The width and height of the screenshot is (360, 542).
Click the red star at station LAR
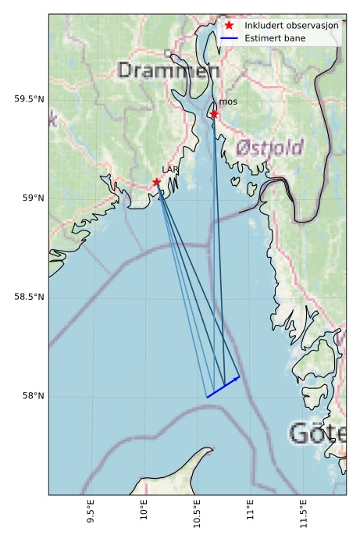click(x=157, y=182)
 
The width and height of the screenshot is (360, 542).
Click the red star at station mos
click(x=214, y=115)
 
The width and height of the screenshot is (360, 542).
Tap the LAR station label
click(x=170, y=169)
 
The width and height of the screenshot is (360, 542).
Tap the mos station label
click(x=228, y=102)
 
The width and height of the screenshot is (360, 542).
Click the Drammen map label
click(x=169, y=71)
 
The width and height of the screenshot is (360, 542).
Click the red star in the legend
click(x=229, y=25)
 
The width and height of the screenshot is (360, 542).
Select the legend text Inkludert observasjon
click(x=291, y=25)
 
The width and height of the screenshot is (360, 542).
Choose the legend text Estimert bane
click(x=274, y=37)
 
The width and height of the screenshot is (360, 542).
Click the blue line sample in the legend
click(x=229, y=37)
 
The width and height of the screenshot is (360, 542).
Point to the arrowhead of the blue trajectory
click(x=237, y=378)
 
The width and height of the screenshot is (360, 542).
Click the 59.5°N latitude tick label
click(x=30, y=99)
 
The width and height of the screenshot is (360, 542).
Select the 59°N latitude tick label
click(x=33, y=198)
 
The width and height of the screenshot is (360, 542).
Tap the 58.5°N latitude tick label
click(x=30, y=297)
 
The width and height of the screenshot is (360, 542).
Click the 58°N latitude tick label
click(x=33, y=396)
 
